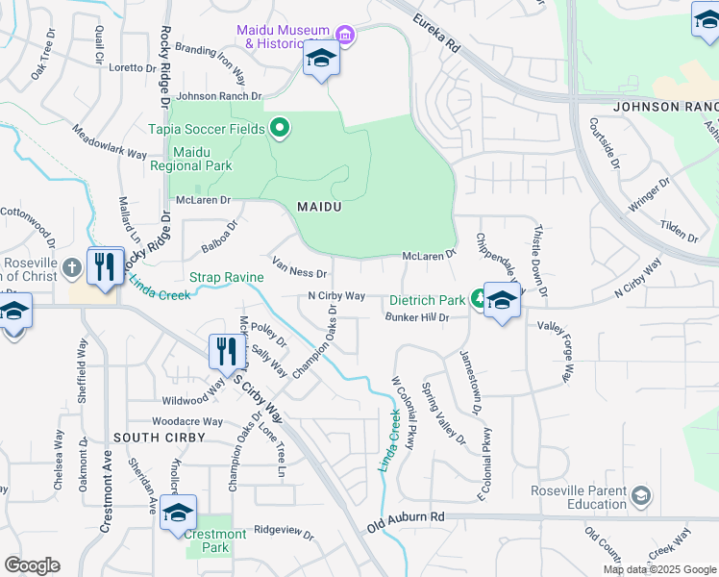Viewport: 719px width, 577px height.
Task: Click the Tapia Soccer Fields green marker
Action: tap(281, 127)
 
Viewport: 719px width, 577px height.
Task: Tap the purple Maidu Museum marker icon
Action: tap(345, 38)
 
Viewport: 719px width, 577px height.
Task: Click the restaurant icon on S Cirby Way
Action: tap(227, 353)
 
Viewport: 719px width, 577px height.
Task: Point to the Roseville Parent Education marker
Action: tap(642, 496)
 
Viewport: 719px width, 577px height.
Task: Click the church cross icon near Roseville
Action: tap(74, 265)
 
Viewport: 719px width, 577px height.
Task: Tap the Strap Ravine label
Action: tap(226, 277)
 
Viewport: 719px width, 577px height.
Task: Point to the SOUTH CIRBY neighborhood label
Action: tap(159, 438)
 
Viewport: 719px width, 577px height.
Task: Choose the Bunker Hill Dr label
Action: tap(417, 317)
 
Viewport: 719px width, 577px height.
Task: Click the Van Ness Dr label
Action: tap(300, 266)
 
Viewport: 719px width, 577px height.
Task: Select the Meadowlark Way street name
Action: tap(109, 140)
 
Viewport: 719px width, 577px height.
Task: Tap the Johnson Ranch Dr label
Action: tap(219, 96)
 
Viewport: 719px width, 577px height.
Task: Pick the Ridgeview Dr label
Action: tap(284, 529)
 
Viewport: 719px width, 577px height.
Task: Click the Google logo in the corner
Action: tap(32, 565)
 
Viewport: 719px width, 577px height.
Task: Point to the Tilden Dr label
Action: tap(679, 232)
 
